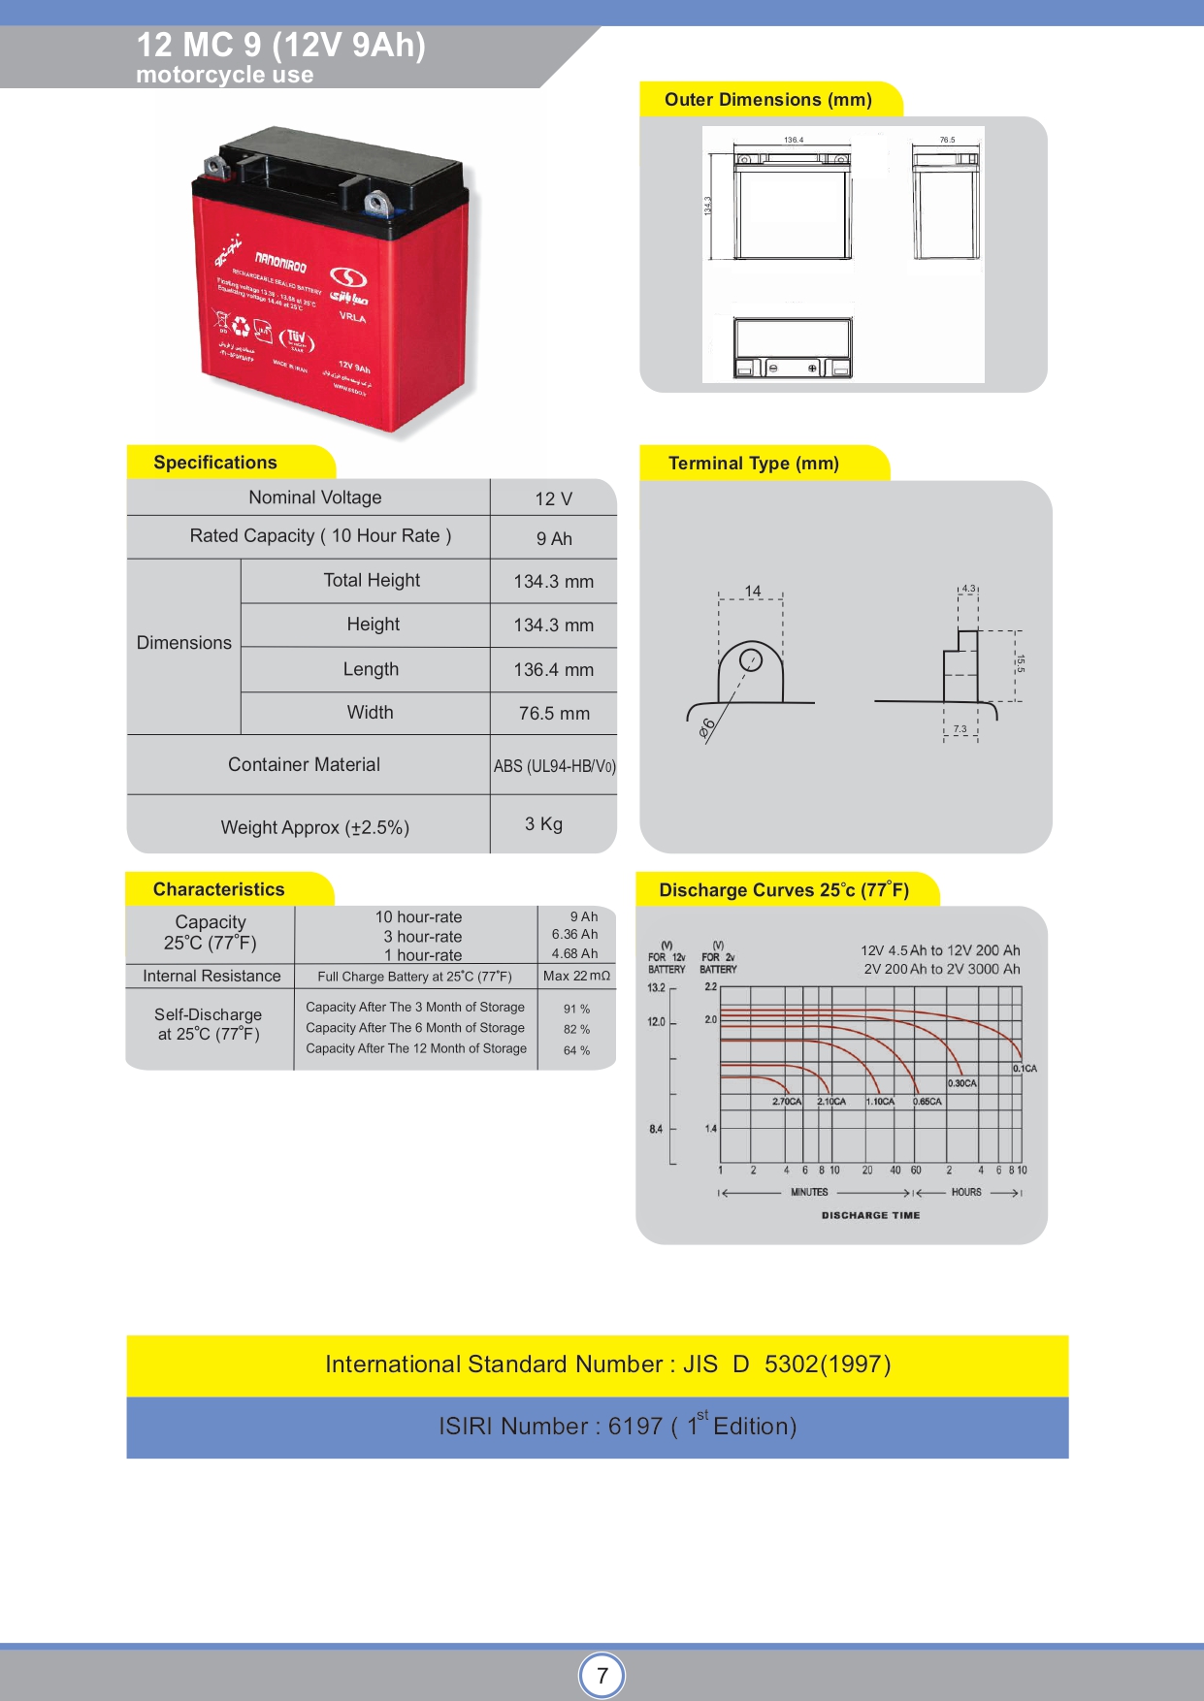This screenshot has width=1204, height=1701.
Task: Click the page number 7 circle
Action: coord(602,1675)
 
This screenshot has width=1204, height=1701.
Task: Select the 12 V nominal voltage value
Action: coord(553,498)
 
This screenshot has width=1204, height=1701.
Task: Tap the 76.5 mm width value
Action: coord(554,714)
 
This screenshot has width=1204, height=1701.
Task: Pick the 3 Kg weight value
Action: coord(543,824)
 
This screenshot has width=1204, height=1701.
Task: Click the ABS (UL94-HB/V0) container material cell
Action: coord(554,766)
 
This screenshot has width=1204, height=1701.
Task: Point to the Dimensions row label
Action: coord(184,643)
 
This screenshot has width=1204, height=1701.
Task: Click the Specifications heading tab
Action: coord(215,463)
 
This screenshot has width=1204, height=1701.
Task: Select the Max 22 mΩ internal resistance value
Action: coord(576,976)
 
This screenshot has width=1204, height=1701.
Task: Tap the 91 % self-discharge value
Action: coord(576,1009)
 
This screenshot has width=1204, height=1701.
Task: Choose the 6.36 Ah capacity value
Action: coord(574,935)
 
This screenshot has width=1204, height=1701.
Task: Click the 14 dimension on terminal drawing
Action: coord(753,591)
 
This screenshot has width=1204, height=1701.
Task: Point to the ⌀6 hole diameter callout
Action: coord(707,726)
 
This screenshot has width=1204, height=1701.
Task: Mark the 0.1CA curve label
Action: coord(1025,1069)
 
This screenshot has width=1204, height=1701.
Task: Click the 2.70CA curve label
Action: coord(787,1102)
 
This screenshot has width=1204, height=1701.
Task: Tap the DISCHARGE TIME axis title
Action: coord(870,1215)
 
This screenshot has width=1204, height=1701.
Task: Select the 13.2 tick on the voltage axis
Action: coord(656,988)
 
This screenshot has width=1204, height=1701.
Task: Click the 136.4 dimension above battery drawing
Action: coord(794,141)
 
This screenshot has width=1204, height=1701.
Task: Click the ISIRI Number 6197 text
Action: coord(617,1427)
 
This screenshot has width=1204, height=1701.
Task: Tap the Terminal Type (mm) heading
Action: coord(754,464)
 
